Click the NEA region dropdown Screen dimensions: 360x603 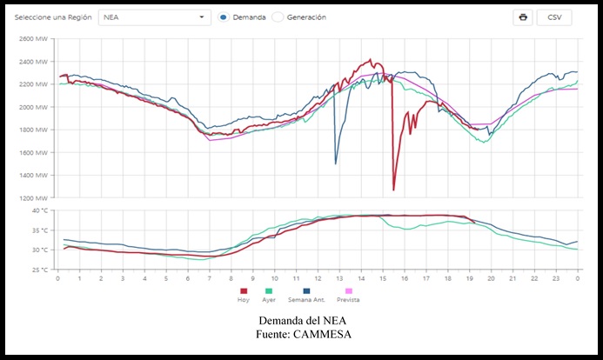154,17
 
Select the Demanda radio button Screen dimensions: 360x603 224,17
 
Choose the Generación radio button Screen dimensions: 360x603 278,17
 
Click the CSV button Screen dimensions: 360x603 554,17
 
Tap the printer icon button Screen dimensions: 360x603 522,17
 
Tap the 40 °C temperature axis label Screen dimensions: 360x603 39,210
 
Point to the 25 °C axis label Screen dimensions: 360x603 39,270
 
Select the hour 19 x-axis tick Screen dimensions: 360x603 470,278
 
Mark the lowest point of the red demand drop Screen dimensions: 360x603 393,190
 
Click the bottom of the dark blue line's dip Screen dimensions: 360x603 336,163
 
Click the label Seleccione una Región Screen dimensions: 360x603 52,17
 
